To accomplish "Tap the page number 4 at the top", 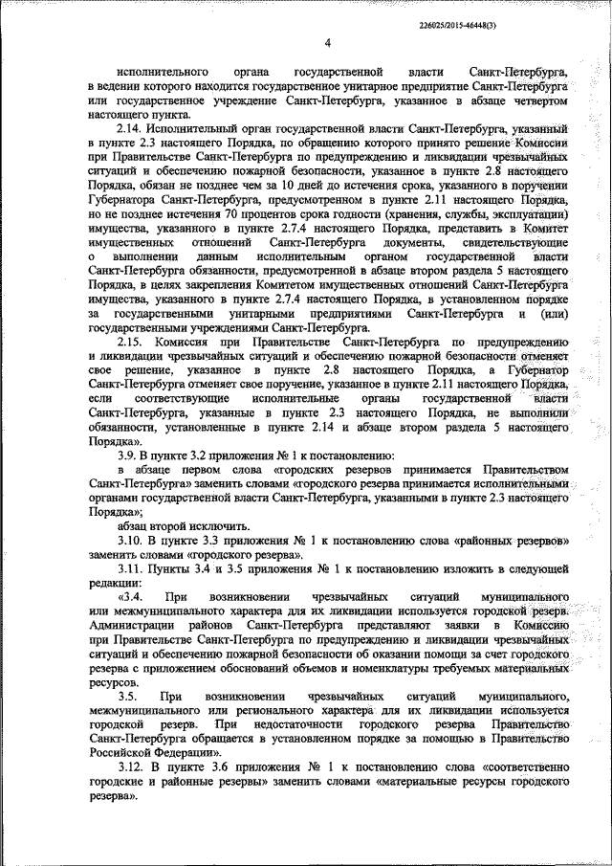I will tap(327, 44).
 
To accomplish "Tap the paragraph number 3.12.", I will tap(129, 768).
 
